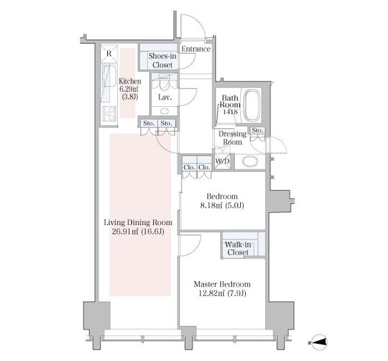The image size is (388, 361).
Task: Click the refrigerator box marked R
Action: [x=109, y=53]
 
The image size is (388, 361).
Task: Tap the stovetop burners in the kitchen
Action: [x=109, y=113]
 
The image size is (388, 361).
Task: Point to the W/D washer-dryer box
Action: [x=223, y=161]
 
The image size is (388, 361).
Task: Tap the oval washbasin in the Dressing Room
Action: [x=250, y=161]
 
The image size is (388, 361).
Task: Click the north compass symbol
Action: [x=318, y=343]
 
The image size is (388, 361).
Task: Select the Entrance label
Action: [x=196, y=49]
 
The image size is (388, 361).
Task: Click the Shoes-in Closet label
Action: [x=162, y=60]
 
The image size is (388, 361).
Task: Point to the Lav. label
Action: [x=165, y=97]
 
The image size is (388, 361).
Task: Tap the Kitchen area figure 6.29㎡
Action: [x=128, y=88]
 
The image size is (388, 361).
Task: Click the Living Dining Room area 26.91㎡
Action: [x=125, y=231]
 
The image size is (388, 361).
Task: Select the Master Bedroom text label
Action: [x=222, y=284]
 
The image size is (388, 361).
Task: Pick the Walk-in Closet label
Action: [x=238, y=249]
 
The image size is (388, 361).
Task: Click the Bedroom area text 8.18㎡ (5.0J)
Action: [x=222, y=206]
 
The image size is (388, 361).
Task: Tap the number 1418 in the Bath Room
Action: [x=230, y=112]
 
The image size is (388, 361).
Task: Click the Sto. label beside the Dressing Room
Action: [x=258, y=131]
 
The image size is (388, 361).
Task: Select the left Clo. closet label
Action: [x=189, y=167]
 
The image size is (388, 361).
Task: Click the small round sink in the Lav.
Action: [x=164, y=111]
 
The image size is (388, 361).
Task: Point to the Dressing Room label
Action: [x=232, y=138]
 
